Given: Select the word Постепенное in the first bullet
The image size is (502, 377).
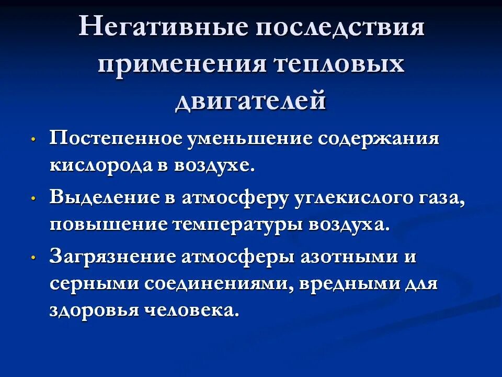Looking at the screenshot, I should coord(116,140).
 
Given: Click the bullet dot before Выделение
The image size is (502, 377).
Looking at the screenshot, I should coord(33,199).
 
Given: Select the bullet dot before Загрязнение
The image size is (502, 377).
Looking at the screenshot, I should coord(33,259).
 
